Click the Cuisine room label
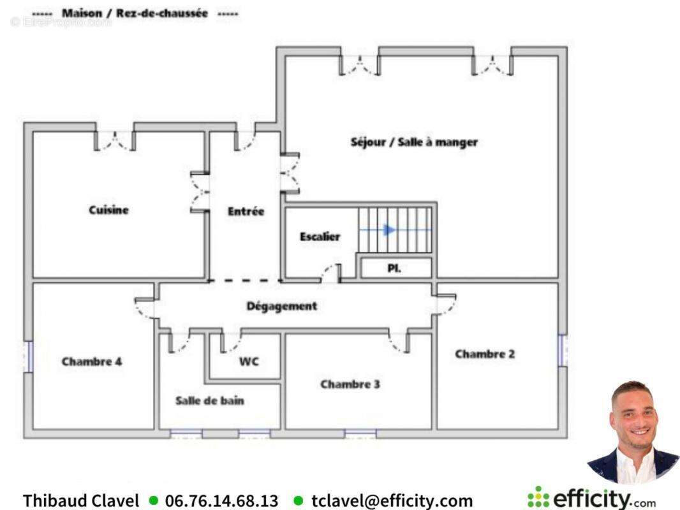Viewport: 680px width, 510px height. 109,210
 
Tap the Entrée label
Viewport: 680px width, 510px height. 246,211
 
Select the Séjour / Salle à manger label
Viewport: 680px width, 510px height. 414,142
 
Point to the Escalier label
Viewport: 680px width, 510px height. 320,237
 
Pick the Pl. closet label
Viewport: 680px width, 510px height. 394,268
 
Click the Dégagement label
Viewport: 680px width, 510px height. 282,306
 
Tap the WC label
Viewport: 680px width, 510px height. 249,361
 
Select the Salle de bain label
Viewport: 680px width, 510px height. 210,401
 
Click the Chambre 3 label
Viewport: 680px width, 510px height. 350,384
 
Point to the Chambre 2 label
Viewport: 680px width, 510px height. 485,354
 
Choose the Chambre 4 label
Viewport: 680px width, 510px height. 92,361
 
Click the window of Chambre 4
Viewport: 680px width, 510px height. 29,356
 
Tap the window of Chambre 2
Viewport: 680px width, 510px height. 563,350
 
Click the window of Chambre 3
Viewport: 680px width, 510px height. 360,433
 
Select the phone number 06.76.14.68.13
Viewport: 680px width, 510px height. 221,501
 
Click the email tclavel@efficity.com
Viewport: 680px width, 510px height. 392,501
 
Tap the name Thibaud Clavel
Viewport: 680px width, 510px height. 81,501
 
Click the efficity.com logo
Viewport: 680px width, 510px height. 591,499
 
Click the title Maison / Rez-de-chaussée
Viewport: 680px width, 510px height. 135,13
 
